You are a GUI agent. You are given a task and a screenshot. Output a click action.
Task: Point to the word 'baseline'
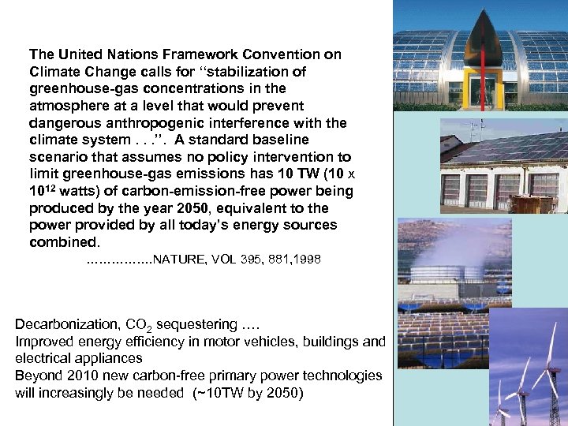click(x=316, y=140)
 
